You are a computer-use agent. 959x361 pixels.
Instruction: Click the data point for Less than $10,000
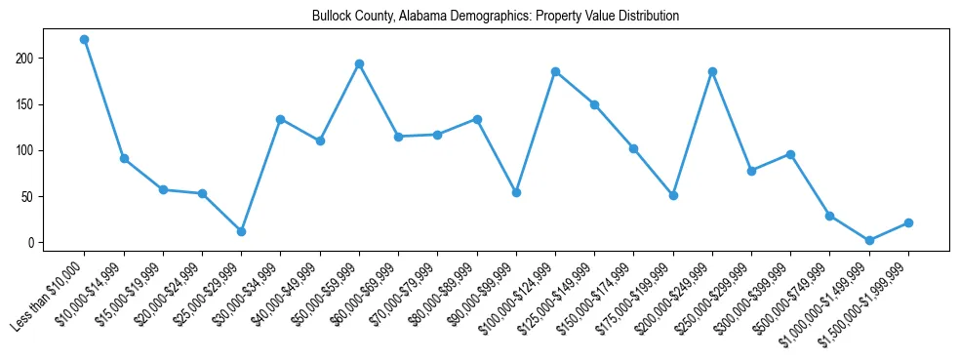[x=85, y=40]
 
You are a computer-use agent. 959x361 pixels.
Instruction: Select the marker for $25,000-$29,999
[x=241, y=231]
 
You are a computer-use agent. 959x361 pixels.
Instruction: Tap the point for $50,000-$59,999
[x=359, y=64]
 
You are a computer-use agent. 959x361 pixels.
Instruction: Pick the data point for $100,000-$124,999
[x=555, y=71]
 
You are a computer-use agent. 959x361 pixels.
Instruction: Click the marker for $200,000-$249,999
[x=712, y=71]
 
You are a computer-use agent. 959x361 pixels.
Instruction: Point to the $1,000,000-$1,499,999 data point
[x=869, y=240]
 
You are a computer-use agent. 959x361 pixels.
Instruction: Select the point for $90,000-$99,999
[x=516, y=192]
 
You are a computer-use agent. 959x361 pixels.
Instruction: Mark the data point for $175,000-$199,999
[x=673, y=195]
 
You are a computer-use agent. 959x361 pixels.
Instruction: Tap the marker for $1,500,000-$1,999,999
[x=908, y=222]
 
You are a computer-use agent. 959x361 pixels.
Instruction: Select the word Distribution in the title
[x=648, y=17]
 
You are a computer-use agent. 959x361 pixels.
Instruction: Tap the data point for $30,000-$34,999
[x=280, y=119]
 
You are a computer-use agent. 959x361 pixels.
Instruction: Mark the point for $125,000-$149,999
[x=594, y=104]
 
